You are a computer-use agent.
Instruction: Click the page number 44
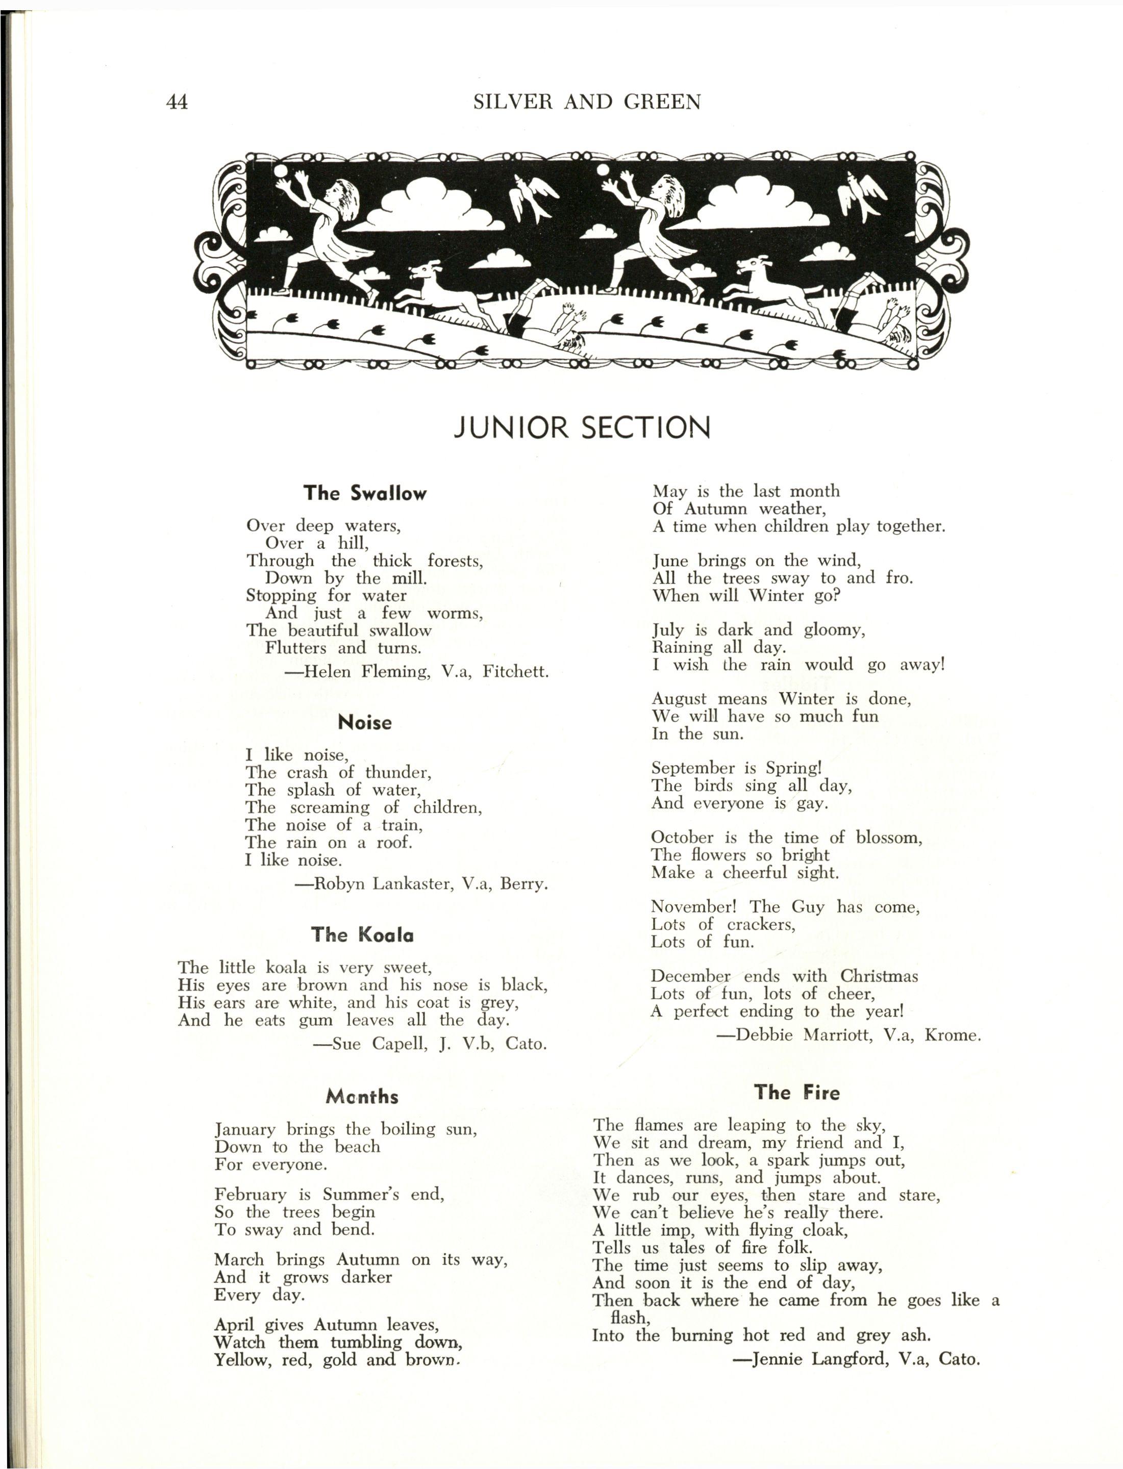(x=177, y=102)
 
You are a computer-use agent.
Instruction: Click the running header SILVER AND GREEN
(x=587, y=102)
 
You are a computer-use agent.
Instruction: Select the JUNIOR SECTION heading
(x=582, y=428)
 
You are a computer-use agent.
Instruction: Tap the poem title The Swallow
(x=365, y=493)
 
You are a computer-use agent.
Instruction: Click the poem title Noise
(x=365, y=722)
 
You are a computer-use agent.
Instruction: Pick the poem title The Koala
(x=362, y=934)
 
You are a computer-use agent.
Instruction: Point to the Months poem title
(x=362, y=1097)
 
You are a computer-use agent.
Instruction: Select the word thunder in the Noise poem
(x=398, y=773)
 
